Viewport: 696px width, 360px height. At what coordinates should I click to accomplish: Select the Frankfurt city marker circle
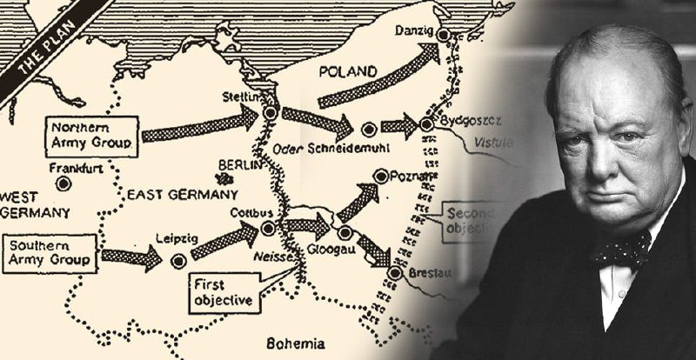62,184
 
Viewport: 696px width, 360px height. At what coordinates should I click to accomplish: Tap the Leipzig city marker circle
179,260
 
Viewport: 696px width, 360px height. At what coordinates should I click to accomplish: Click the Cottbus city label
247,213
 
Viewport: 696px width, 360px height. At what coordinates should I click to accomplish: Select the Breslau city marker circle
394,273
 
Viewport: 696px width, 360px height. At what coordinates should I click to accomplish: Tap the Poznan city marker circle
379,177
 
